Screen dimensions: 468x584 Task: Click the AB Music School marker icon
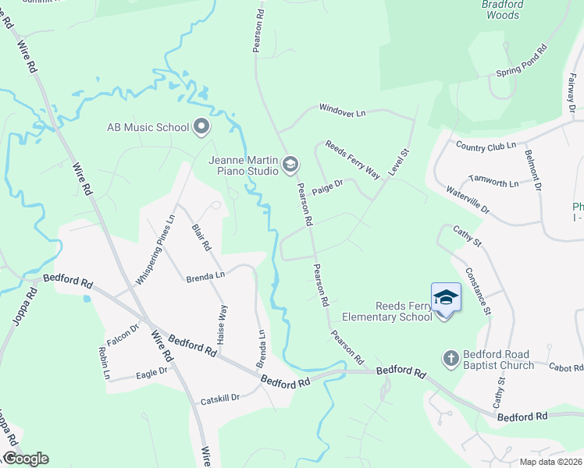point(201,126)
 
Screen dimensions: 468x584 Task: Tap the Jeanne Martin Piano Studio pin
point(290,163)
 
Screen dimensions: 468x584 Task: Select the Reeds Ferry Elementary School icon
point(446,297)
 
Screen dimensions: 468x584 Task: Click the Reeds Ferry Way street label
point(352,159)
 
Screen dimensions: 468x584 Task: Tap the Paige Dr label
point(328,187)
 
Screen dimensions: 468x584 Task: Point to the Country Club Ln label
point(486,146)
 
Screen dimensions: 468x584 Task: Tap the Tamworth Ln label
point(493,183)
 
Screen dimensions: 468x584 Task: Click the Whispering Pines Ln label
point(155,249)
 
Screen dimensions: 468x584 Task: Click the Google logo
point(26,459)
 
